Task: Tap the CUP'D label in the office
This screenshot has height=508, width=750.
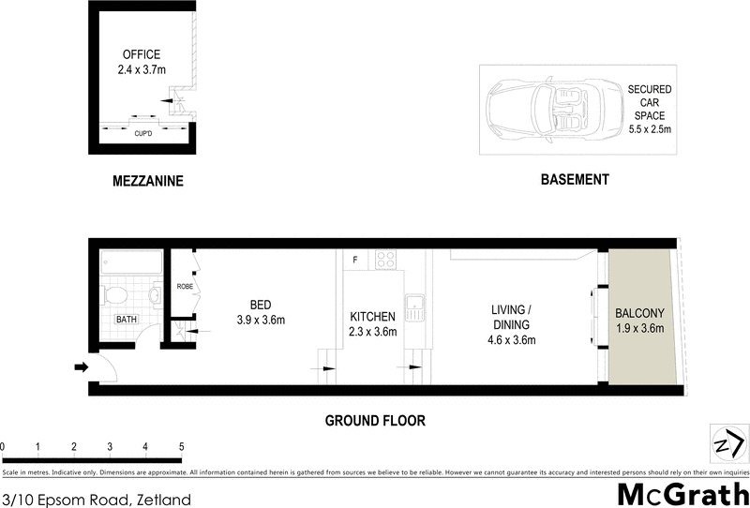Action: [143, 133]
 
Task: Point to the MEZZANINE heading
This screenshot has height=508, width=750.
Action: [143, 180]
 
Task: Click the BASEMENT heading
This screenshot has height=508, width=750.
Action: [575, 179]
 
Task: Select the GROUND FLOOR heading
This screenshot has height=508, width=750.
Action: [375, 421]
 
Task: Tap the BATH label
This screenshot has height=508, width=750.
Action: [126, 320]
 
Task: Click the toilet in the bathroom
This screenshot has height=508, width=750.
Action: [112, 295]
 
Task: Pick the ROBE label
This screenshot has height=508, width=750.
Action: [184, 287]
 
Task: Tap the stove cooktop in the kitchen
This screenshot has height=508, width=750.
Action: [385, 260]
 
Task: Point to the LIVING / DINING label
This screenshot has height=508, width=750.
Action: [512, 323]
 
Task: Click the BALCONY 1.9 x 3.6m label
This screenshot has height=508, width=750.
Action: [639, 321]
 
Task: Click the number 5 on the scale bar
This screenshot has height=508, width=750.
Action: [181, 446]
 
